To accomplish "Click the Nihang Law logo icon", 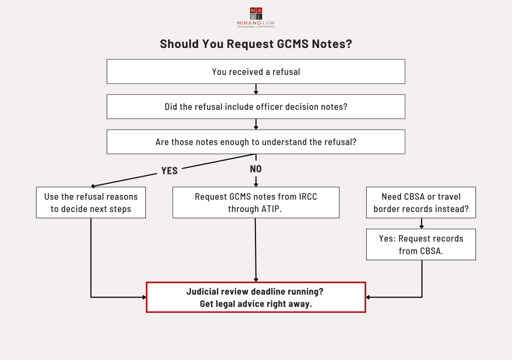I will [x=255, y=13].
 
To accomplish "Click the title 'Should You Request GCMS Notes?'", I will [x=256, y=44].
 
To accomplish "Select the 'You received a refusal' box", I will [x=256, y=71].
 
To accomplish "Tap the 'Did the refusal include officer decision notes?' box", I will [x=256, y=107].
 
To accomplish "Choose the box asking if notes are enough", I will [x=256, y=142].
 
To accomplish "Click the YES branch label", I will [x=169, y=171].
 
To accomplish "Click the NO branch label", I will [x=255, y=169].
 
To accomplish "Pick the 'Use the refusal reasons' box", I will [x=91, y=202].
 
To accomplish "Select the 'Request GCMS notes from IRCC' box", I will [x=256, y=202].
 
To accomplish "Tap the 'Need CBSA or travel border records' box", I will [x=421, y=202].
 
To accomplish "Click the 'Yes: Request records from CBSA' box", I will [x=421, y=244].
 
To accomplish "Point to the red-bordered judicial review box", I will [x=256, y=297].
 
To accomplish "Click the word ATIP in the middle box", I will [x=269, y=209].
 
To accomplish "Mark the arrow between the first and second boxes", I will [x=256, y=89].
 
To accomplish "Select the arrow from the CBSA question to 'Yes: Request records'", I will [x=421, y=223].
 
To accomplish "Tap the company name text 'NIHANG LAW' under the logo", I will [x=255, y=23].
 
